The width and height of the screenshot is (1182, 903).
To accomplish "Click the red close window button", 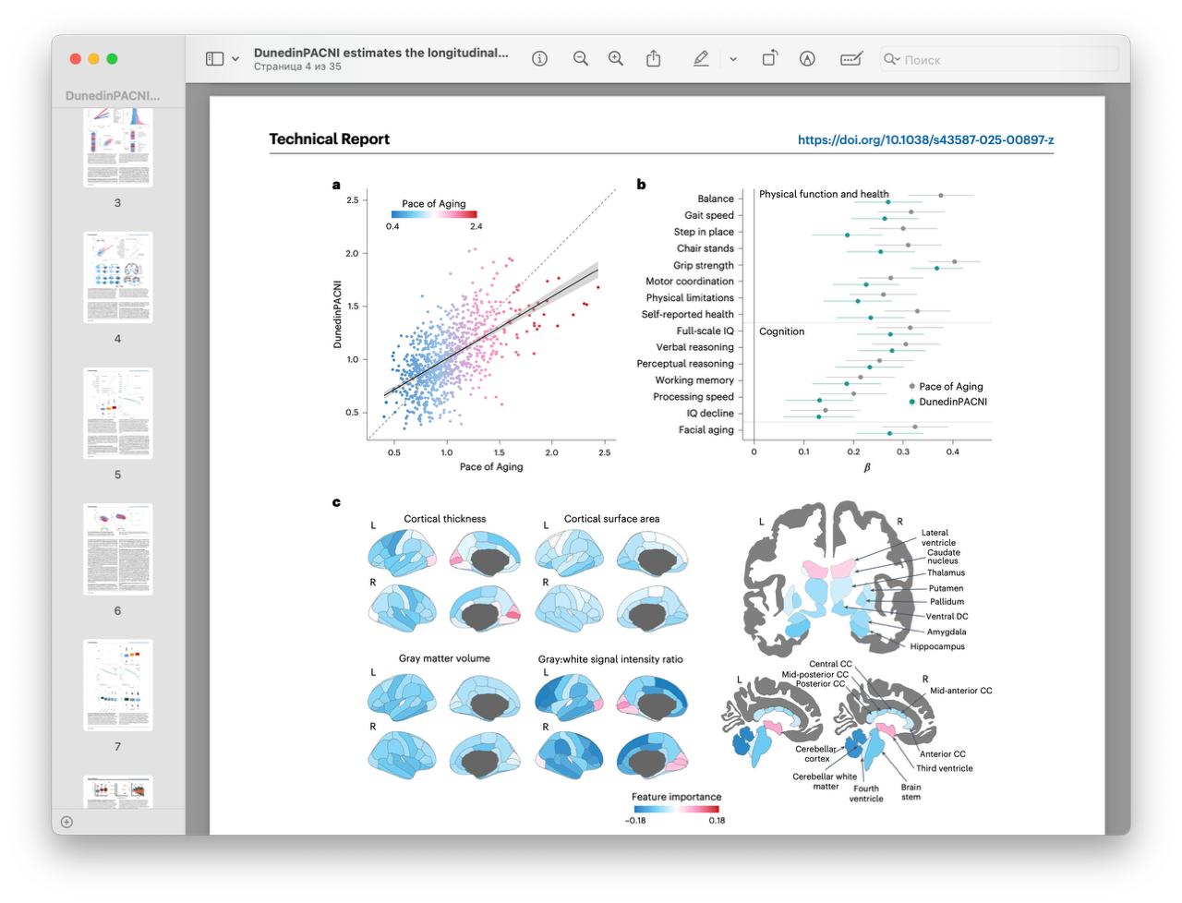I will click(76, 59).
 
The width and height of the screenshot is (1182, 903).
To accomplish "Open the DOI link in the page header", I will click(925, 140).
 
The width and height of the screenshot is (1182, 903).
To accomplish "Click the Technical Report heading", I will click(329, 139).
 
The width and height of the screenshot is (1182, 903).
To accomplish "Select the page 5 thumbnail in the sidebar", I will click(118, 413).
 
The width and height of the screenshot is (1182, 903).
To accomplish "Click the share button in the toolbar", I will click(653, 59).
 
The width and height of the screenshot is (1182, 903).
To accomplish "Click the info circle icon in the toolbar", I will click(540, 59).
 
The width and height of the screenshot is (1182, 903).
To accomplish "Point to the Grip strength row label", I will click(703, 265).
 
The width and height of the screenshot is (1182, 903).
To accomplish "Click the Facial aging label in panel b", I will click(706, 429).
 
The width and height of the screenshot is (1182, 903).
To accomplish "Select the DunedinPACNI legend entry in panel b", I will click(952, 402).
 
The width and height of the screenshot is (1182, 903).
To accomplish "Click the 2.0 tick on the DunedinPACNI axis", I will click(352, 253).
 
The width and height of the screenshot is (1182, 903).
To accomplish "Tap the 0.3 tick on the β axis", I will click(903, 451).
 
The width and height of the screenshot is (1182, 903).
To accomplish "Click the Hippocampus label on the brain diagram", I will click(937, 646).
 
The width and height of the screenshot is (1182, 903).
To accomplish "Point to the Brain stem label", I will click(911, 792).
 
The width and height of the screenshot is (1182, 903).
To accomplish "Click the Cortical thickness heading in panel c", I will click(444, 519).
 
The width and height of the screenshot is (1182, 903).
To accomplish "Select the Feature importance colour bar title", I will click(676, 797).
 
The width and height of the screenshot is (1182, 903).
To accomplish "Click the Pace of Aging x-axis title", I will click(491, 467).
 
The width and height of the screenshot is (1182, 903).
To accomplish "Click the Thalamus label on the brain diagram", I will click(946, 572).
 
